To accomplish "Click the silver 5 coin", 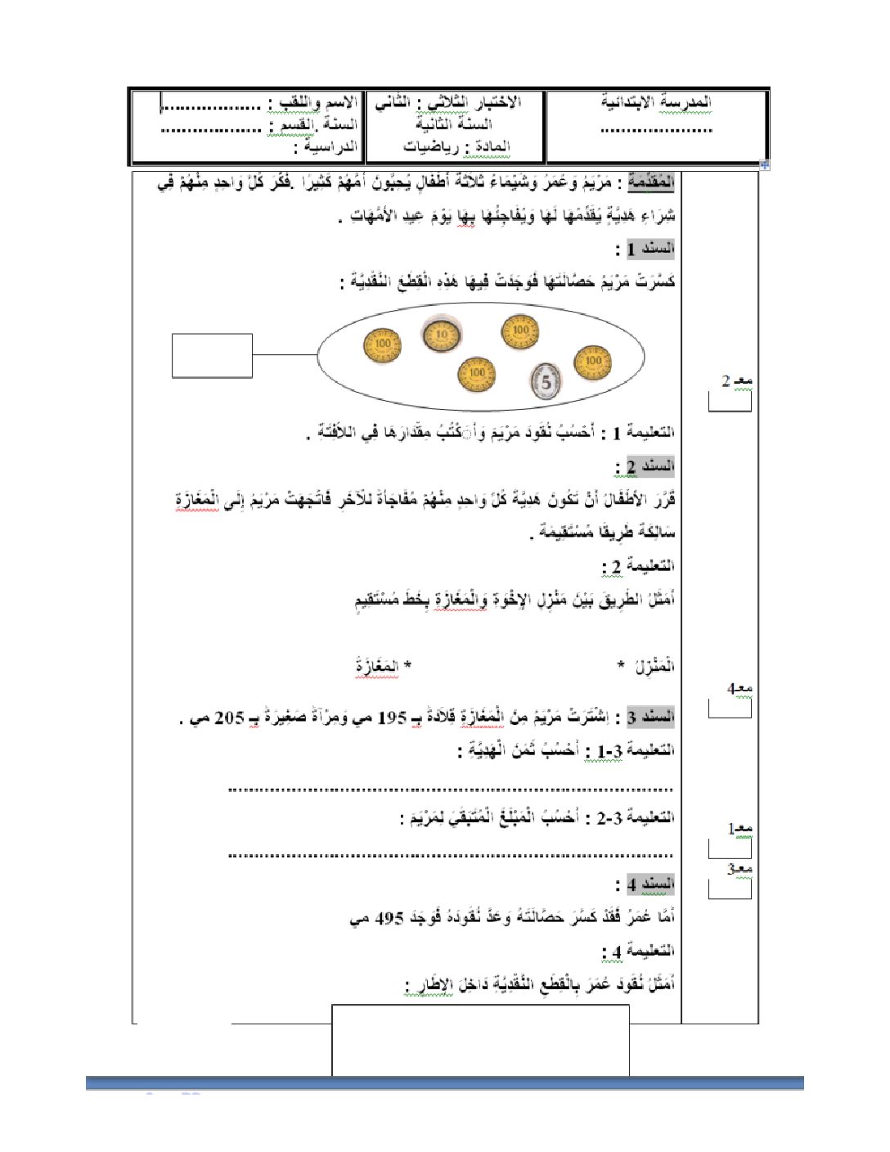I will (x=546, y=380).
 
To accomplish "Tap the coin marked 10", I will (x=442, y=334).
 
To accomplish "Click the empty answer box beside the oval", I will (x=212, y=356).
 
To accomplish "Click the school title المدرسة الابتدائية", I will (x=656, y=102).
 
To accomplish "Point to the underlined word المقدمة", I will (x=652, y=182).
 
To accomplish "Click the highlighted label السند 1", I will (x=651, y=248).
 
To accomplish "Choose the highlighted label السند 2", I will (x=651, y=466).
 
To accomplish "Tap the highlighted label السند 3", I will (x=651, y=717).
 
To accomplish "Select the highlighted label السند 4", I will (x=651, y=884).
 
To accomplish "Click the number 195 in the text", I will (x=392, y=718).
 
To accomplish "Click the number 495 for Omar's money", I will (x=389, y=918).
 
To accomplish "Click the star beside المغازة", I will (x=407, y=666).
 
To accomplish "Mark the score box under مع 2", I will (x=730, y=402).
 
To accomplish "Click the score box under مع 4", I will (x=730, y=709).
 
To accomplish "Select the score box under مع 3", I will (x=730, y=889).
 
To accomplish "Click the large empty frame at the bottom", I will (x=480, y=1040).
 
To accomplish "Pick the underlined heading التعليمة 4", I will (x=638, y=951).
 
